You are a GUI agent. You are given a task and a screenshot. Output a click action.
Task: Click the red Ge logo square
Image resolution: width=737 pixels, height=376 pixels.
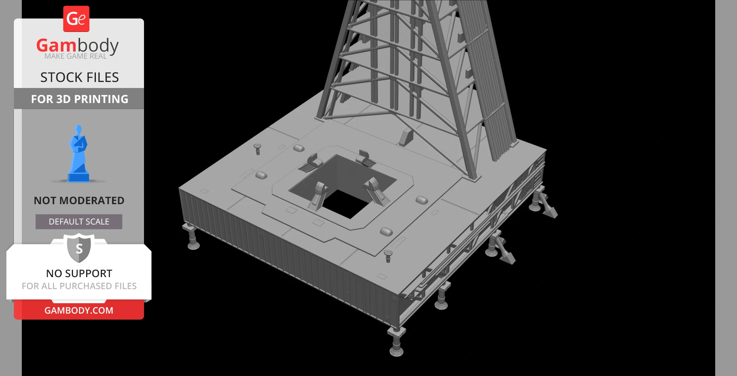click(76, 19)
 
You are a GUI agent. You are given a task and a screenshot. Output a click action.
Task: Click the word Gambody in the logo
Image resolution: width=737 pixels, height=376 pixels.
click(77, 46)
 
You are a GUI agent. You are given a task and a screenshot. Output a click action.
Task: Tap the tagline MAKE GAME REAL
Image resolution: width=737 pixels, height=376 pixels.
click(76, 56)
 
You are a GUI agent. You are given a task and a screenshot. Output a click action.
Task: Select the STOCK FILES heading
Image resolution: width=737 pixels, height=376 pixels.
click(79, 77)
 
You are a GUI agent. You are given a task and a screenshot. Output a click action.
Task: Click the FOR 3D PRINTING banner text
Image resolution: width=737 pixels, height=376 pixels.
click(79, 99)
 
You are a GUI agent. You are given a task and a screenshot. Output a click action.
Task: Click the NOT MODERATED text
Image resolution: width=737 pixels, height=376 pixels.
click(79, 200)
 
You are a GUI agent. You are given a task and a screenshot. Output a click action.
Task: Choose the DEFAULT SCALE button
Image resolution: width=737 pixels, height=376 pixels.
click(79, 222)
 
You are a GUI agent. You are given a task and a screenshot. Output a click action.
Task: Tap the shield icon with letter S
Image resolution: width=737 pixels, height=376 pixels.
click(79, 248)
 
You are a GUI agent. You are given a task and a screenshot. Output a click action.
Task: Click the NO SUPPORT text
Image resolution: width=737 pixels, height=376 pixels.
click(79, 273)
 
